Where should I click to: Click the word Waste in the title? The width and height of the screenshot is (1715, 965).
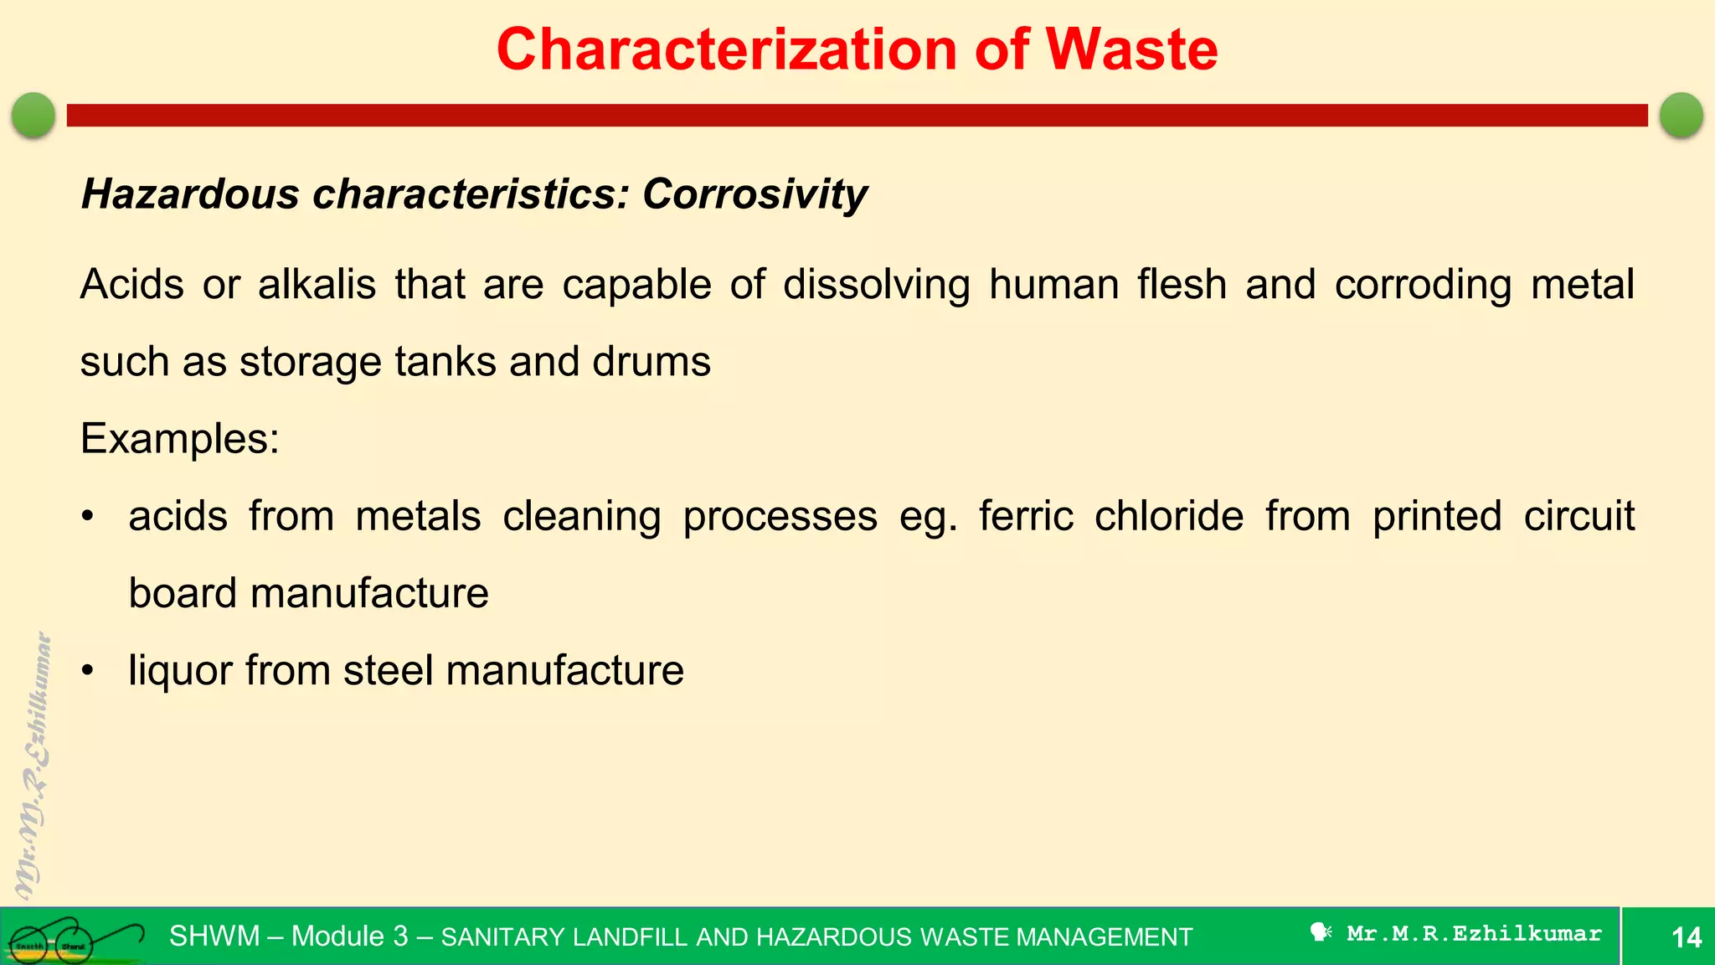pyautogui.click(x=1131, y=49)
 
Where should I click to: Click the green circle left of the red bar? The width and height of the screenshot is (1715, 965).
pyautogui.click(x=33, y=115)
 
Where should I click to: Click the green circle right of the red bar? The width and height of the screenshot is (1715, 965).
pyautogui.click(x=1681, y=115)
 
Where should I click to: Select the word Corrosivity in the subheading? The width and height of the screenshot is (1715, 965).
pyautogui.click(x=754, y=194)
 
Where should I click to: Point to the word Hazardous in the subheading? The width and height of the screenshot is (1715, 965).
pyautogui.click(x=190, y=194)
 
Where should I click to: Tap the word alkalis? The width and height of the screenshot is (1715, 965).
pyautogui.click(x=317, y=284)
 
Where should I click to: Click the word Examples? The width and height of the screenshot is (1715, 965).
pyautogui.click(x=179, y=438)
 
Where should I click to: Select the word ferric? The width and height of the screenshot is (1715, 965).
pyautogui.click(x=1026, y=516)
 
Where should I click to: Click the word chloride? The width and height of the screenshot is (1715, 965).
pyautogui.click(x=1169, y=516)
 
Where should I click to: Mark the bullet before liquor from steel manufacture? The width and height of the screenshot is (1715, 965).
pyautogui.click(x=88, y=671)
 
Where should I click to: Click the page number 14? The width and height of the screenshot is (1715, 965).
pyautogui.click(x=1686, y=937)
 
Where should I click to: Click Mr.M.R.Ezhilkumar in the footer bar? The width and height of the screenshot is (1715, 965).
pyautogui.click(x=1473, y=933)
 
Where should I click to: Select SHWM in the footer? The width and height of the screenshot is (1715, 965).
pyautogui.click(x=214, y=936)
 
